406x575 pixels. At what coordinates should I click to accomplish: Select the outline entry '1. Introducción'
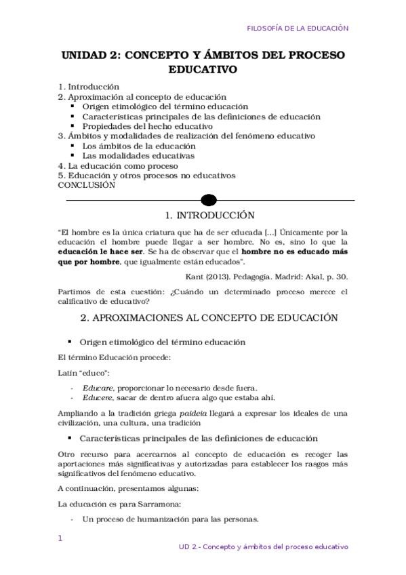coord(89,87)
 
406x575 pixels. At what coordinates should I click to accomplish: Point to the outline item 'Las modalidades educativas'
coord(138,155)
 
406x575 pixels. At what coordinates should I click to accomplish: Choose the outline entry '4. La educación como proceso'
coord(118,165)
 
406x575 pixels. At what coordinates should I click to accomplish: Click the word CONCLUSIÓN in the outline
coord(87,184)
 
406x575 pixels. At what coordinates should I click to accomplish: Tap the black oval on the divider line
coord(209,200)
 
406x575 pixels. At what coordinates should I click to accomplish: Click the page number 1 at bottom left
coord(60,538)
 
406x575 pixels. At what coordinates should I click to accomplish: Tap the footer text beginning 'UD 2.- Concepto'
coord(263,546)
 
